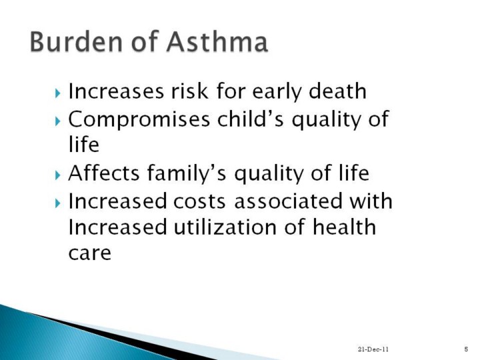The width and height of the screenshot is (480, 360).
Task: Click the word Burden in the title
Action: point(76,41)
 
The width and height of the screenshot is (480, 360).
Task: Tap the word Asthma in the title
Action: point(217,41)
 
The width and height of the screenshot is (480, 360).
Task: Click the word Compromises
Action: point(139,119)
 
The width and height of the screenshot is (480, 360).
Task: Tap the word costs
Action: point(199,201)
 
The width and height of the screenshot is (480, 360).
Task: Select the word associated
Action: point(288,201)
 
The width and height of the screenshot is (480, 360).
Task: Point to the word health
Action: point(344,227)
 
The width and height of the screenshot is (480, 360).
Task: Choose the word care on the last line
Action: point(89,253)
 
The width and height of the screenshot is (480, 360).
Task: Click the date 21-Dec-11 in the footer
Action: point(373,349)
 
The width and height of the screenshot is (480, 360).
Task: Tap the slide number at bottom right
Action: point(466,349)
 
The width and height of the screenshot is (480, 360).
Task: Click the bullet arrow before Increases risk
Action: point(58,93)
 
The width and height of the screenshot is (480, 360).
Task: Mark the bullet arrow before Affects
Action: point(58,175)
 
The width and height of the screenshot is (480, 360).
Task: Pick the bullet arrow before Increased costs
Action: point(58,203)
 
